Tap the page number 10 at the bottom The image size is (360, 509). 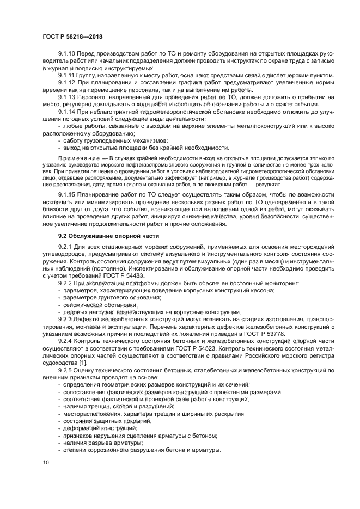click(x=45, y=462)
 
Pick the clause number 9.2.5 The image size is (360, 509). click(x=66, y=370)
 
